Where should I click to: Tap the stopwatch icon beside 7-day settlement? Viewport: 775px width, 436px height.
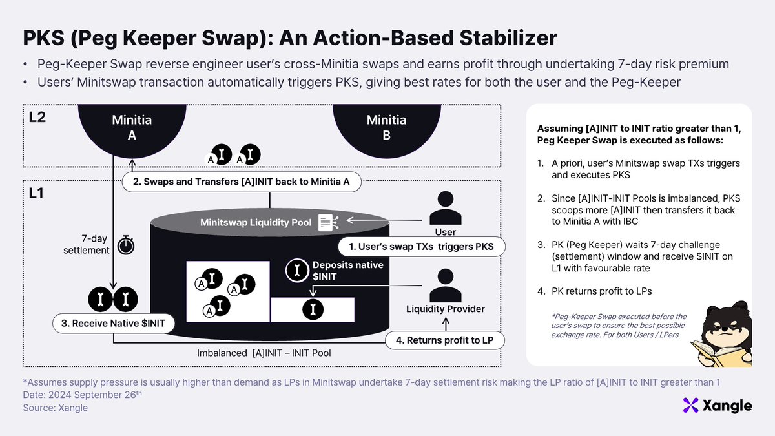click(x=126, y=245)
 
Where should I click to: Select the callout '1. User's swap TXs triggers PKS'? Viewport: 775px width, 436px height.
click(x=421, y=247)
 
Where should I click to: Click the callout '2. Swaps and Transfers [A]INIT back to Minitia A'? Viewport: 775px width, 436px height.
click(x=242, y=182)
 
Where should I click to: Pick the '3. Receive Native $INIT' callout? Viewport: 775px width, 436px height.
click(x=114, y=323)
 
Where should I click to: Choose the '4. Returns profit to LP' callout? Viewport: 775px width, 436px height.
click(x=444, y=340)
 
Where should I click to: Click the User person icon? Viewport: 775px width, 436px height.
click(x=445, y=208)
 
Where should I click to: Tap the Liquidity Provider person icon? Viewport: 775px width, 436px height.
click(x=445, y=285)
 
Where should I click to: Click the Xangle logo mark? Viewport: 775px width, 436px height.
click(x=690, y=405)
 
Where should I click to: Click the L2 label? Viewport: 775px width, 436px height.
click(x=37, y=118)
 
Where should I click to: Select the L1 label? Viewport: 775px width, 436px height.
click(x=36, y=193)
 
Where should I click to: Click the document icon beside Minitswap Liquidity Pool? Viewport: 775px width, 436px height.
click(x=328, y=222)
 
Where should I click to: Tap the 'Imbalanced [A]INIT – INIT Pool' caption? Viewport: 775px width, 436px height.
click(x=264, y=353)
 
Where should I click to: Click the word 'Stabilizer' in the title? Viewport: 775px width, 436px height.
click(x=508, y=37)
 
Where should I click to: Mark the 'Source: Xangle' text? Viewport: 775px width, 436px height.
click(x=56, y=408)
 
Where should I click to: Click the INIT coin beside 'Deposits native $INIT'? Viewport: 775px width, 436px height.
click(x=297, y=270)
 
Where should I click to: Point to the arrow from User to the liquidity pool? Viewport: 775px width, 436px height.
click(x=384, y=220)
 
